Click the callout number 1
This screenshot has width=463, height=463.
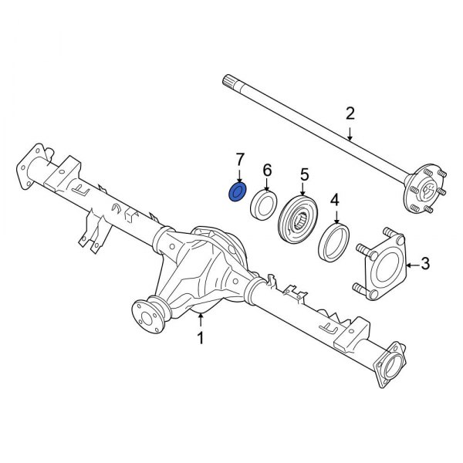coord(200,337)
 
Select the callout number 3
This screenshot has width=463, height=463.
coord(425,265)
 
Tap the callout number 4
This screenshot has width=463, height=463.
coord(335,201)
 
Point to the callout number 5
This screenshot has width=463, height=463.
coord(304,174)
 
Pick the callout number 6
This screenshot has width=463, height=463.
coord(267,169)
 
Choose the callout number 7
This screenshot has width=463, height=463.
coord(239,159)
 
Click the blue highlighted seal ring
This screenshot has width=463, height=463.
coord(238,192)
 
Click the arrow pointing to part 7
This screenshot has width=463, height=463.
coord(239,176)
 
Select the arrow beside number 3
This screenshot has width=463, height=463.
coord(409,265)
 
